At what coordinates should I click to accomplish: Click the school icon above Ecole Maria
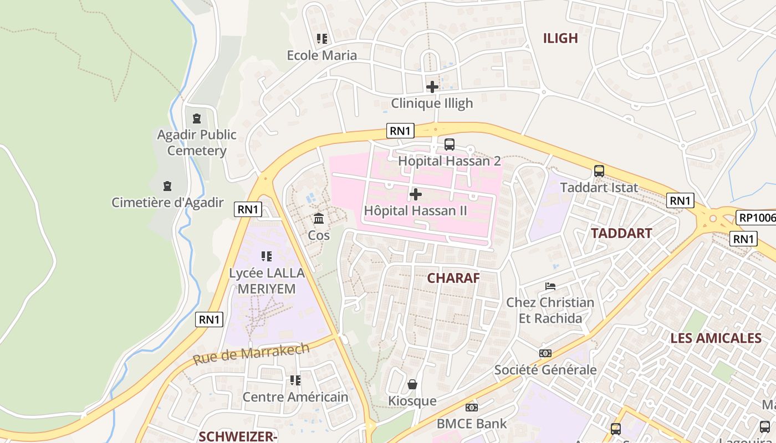[321, 39]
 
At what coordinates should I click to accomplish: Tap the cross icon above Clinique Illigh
[432, 87]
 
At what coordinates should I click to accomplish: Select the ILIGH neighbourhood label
[560, 38]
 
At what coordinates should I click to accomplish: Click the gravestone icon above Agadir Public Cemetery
[196, 119]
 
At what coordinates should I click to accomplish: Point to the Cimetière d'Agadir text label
[167, 203]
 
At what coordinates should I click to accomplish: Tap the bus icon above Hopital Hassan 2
[449, 145]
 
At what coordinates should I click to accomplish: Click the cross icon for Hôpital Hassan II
[415, 194]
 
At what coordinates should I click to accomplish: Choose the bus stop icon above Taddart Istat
[599, 171]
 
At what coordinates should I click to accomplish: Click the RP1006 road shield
[757, 218]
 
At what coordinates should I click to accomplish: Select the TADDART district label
[621, 233]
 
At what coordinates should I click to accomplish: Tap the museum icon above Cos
[319, 219]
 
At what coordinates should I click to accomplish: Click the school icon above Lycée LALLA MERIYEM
[267, 256]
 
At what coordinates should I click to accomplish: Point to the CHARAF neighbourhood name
[453, 278]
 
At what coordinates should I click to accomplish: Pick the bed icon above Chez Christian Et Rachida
[550, 286]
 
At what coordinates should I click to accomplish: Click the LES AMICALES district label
[716, 338]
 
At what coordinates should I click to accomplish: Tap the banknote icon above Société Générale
[545, 353]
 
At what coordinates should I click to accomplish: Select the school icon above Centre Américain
[295, 380]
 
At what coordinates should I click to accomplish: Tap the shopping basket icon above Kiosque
[412, 384]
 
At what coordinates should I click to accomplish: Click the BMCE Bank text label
[471, 424]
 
